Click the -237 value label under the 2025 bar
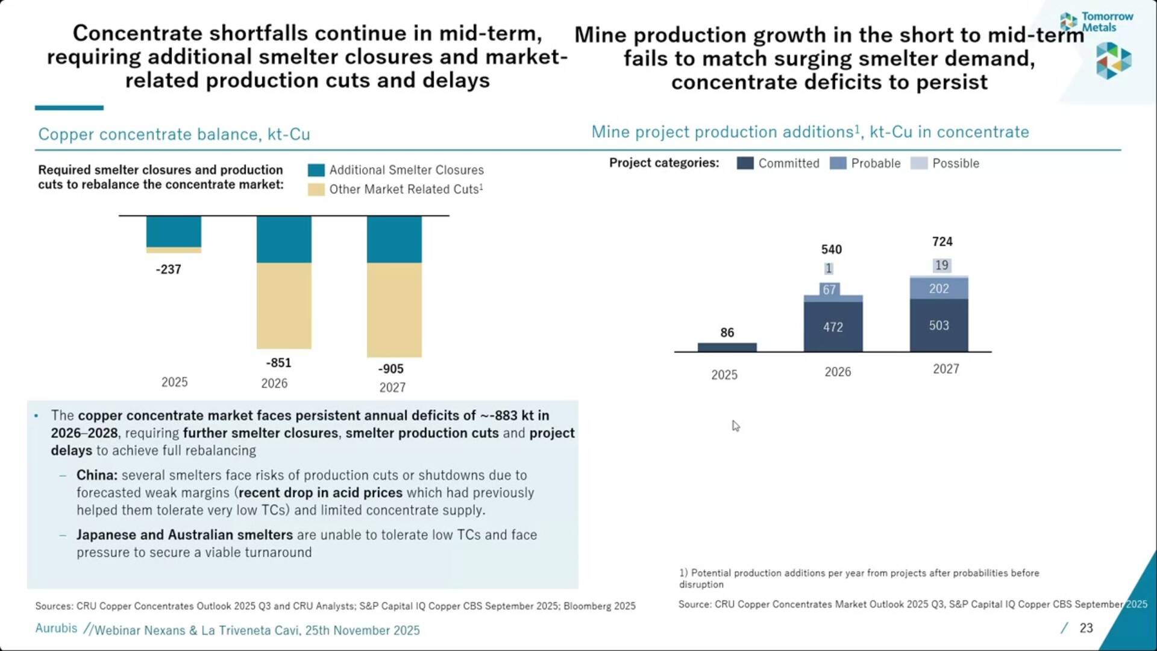(x=168, y=269)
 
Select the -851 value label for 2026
(x=278, y=363)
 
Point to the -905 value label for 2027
(x=390, y=369)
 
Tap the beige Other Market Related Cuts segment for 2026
(x=284, y=306)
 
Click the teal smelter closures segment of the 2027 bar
(x=394, y=239)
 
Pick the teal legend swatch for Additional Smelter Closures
(x=316, y=170)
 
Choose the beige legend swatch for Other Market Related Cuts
(x=316, y=190)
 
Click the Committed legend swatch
(x=745, y=163)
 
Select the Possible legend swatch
(x=919, y=163)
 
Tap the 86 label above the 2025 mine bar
(x=727, y=333)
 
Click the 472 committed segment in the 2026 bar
(x=833, y=327)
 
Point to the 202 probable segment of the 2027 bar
(x=939, y=289)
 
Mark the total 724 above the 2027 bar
(x=942, y=242)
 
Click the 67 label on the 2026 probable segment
(x=829, y=290)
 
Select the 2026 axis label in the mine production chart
(x=838, y=372)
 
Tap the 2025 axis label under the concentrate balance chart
(x=174, y=382)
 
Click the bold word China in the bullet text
(x=96, y=475)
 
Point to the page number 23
(x=1086, y=628)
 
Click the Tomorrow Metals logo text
(x=1106, y=22)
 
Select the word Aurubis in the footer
(x=56, y=628)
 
